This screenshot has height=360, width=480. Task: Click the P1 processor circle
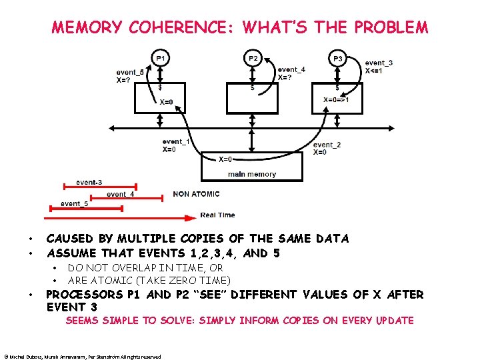point(160,59)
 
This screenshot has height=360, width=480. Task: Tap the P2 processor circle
point(253,59)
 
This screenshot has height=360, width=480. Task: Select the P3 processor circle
point(338,59)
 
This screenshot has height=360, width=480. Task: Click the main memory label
point(251,174)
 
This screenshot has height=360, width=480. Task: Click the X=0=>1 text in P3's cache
point(336,100)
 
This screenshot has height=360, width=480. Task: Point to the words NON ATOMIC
point(196,194)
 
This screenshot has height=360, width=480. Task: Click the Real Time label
point(217,215)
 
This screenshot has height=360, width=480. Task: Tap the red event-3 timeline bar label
point(89,182)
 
